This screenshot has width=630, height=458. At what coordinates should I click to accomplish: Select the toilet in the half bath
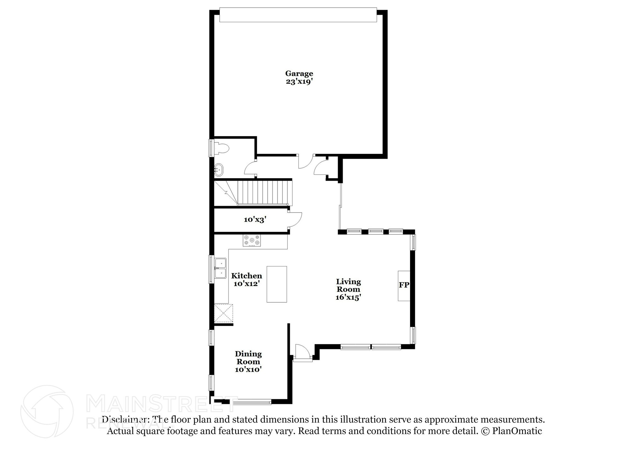(221, 148)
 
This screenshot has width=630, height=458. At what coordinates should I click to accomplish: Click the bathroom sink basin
(219, 169)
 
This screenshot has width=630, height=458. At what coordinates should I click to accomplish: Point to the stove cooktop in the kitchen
(252, 240)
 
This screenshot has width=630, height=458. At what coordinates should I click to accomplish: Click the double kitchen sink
(220, 268)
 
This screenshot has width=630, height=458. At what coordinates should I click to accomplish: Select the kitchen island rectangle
(277, 284)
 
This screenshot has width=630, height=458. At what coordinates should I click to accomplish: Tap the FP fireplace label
(404, 285)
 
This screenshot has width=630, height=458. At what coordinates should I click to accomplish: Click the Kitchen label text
(246, 276)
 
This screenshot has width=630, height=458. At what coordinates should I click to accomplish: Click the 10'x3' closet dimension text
(255, 219)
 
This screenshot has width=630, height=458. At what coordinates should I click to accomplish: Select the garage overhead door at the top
(298, 15)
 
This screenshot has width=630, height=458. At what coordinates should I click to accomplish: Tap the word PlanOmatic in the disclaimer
(517, 431)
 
